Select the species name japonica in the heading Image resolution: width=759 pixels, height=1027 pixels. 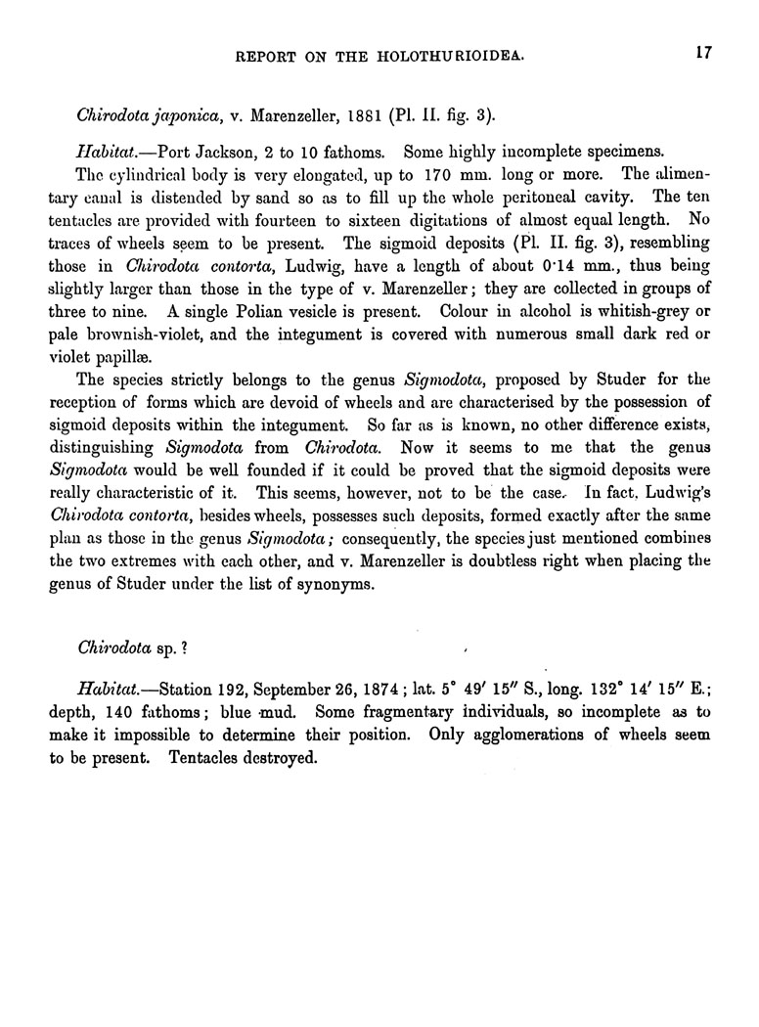pos(181,115)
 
